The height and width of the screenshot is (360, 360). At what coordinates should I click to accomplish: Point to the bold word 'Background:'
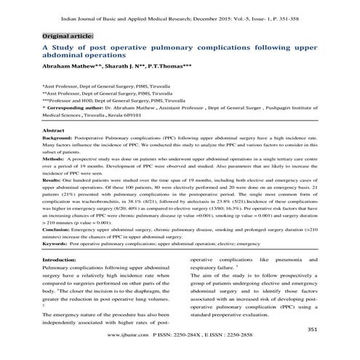61,137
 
